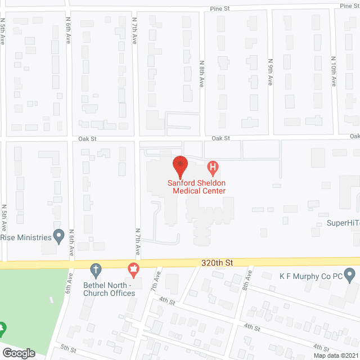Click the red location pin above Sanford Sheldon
pos(180,166)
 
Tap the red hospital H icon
pos(213,167)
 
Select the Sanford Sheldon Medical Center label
pos(196,187)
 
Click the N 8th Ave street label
pos(202,74)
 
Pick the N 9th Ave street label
pos(270,72)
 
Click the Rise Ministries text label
pos(25,237)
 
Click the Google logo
pos(18,353)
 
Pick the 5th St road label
pos(68,349)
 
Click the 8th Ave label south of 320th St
pos(246,282)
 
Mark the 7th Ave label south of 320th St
pos(157,280)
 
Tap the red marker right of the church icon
pos(134,270)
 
